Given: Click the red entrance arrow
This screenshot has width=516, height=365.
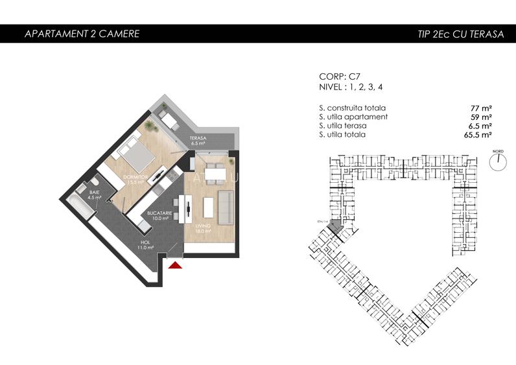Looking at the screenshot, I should (x=175, y=264).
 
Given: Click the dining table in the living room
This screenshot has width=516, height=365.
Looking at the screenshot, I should (x=213, y=173).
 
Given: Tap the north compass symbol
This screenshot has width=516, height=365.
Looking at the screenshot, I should (x=497, y=161).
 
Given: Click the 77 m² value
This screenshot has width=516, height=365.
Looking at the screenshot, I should (x=480, y=108).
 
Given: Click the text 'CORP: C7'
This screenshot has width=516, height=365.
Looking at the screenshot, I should (x=340, y=76).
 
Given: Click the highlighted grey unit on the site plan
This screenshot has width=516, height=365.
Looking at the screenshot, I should (x=336, y=225).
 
